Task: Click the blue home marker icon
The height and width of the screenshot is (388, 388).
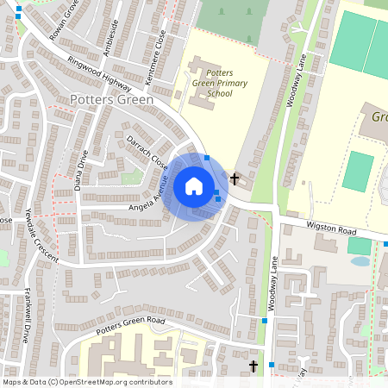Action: (x=194, y=185)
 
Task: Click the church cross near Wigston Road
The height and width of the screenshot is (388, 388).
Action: (x=235, y=179)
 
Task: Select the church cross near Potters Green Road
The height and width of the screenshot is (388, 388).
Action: (x=253, y=367)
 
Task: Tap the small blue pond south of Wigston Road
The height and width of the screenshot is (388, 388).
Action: (x=360, y=260)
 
